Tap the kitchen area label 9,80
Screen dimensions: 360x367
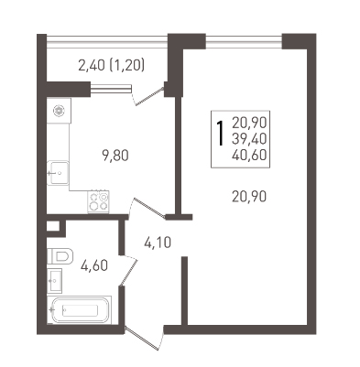[x=115, y=156]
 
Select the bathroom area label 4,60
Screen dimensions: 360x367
[x=94, y=265]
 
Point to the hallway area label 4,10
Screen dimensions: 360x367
[x=158, y=243]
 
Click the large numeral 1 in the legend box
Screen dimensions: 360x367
[x=220, y=133]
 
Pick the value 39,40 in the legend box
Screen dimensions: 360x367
[x=249, y=139]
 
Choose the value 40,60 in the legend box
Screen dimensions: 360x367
[x=249, y=156]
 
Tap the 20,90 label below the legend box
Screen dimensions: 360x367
[x=249, y=197]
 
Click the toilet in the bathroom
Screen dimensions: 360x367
[x=60, y=256]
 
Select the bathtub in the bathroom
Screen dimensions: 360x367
[x=79, y=310]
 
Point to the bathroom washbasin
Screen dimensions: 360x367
[x=55, y=280]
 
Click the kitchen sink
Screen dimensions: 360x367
[x=58, y=173]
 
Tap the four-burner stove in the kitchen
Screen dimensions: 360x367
[x=99, y=201]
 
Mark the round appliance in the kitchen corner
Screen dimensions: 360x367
[x=58, y=111]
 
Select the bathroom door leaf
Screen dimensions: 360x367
[x=128, y=272]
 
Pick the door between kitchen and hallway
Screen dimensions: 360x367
[x=148, y=209]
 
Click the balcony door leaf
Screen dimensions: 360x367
[x=149, y=96]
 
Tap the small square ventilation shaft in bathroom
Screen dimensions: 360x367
[x=52, y=226]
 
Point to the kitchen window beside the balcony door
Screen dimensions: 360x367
[x=111, y=88]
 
